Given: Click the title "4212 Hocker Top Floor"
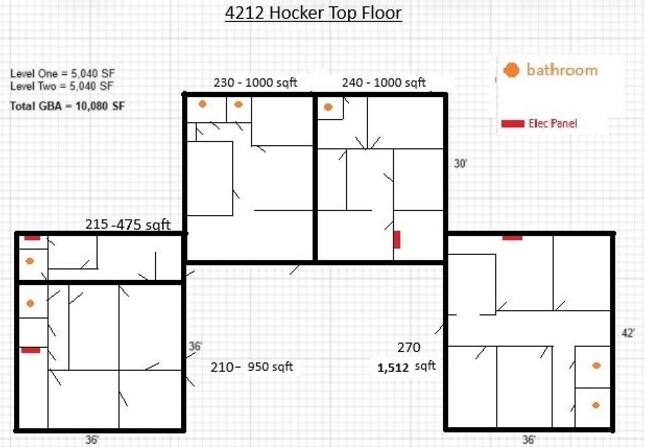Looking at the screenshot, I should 313,13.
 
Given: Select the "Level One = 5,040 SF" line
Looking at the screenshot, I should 62,74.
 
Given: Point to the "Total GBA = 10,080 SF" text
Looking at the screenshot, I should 67,105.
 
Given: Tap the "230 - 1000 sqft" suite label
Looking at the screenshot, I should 255,83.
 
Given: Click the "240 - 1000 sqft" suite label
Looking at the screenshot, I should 384,83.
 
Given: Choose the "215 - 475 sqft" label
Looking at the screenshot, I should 128,225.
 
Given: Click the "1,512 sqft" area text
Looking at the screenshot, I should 406,367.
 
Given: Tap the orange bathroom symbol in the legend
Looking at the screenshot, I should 512,70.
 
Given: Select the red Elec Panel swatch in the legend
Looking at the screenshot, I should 512,124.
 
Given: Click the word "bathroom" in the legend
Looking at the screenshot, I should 562,70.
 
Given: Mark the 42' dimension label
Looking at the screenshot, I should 628,333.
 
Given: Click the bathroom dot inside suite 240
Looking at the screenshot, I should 328,107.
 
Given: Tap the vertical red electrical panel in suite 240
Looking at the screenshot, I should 397,239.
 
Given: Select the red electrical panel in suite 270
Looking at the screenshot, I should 512,238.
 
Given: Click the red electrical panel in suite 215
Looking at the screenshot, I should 32,238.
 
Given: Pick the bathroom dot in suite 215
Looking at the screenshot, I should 30,261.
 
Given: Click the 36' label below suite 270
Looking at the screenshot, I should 528,440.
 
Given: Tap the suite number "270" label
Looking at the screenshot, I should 409,347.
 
